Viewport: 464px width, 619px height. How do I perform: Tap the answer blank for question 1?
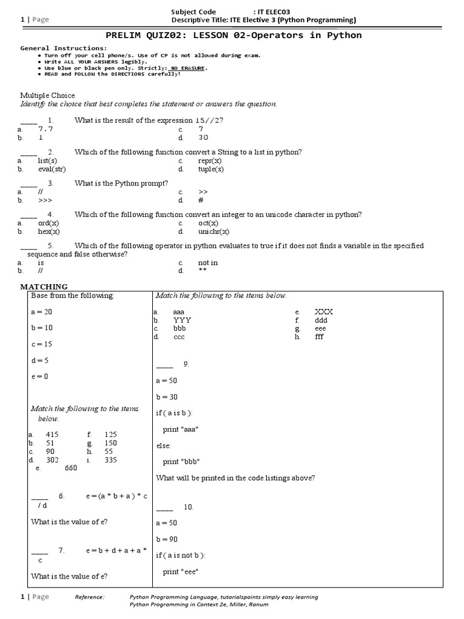28,120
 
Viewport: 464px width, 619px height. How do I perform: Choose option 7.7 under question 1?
46,129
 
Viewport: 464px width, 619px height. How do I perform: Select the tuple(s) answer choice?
210,169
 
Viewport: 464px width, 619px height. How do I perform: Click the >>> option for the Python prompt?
45,200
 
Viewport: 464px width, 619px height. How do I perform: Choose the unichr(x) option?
213,232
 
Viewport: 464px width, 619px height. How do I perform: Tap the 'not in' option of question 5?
208,263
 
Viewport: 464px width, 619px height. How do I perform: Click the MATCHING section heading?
44,287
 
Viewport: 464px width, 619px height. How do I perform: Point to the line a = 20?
42,311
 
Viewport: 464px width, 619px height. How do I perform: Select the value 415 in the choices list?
52,435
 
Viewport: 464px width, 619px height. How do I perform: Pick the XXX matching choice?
324,311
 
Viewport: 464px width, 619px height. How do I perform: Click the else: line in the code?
163,446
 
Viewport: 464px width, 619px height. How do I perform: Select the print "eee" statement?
181,572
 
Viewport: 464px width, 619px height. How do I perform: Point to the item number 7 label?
61,551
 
